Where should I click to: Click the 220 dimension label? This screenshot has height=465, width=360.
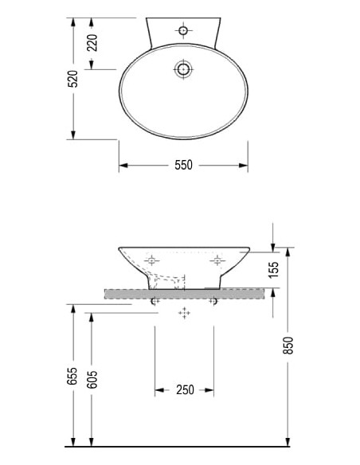coord(92,42)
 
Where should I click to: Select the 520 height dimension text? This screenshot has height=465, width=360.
coord(72,78)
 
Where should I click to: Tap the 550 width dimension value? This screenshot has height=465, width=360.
coord(184,166)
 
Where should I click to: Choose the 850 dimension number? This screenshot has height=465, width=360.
coord(288,345)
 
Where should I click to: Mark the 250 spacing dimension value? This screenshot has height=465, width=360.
coord(185,390)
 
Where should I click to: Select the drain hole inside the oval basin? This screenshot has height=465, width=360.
coord(183,69)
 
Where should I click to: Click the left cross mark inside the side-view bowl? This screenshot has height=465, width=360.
coord(152,260)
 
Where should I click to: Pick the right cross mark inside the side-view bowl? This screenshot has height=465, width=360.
coord(215,260)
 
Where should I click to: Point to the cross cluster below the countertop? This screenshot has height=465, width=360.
coord(185,313)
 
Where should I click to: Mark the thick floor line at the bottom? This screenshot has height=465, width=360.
coord(183,447)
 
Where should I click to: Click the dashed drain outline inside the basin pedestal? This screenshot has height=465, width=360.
coord(169,279)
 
